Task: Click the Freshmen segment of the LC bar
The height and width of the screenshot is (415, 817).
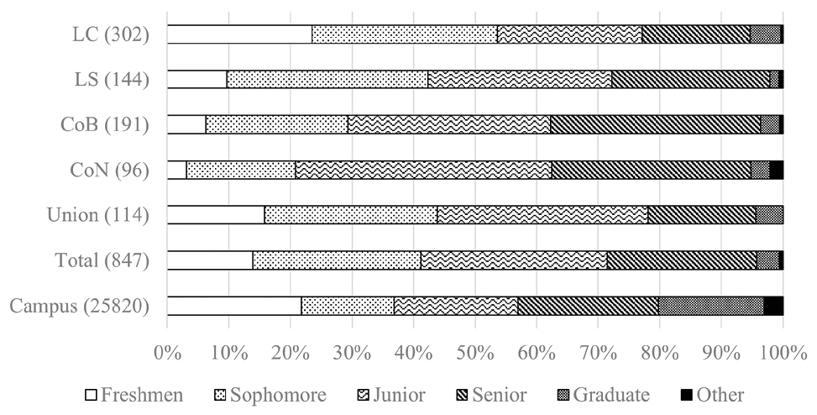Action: coord(239,34)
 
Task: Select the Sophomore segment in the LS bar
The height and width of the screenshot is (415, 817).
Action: coord(327,80)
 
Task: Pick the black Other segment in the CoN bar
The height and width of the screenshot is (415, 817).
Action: coord(776,170)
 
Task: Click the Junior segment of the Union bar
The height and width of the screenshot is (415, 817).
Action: coord(542,215)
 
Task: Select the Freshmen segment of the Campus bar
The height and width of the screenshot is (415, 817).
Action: coord(233,306)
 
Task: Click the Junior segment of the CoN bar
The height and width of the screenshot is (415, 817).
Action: coord(423,170)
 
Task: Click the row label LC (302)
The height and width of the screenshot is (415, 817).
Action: coord(111,35)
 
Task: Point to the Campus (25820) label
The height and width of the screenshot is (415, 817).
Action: coord(80,307)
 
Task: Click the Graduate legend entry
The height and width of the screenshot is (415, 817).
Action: coord(602,395)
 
